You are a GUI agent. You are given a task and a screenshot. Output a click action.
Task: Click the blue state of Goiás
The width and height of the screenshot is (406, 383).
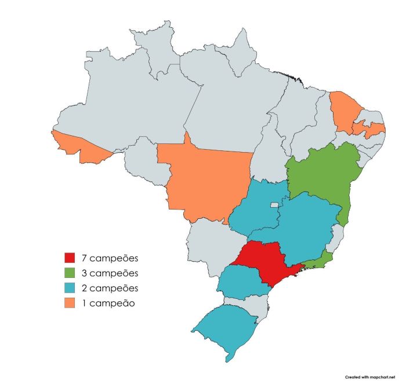[x=255, y=209]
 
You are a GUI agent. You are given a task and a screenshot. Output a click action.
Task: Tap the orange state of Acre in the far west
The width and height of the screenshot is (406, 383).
[x=78, y=145]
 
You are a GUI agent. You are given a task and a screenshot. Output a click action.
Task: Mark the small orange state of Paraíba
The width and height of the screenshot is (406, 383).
[x=371, y=128]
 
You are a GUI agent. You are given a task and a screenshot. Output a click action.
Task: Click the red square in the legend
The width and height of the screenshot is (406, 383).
[x=70, y=258]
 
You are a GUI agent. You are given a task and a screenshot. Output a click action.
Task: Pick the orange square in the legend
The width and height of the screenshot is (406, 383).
[x=70, y=302]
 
